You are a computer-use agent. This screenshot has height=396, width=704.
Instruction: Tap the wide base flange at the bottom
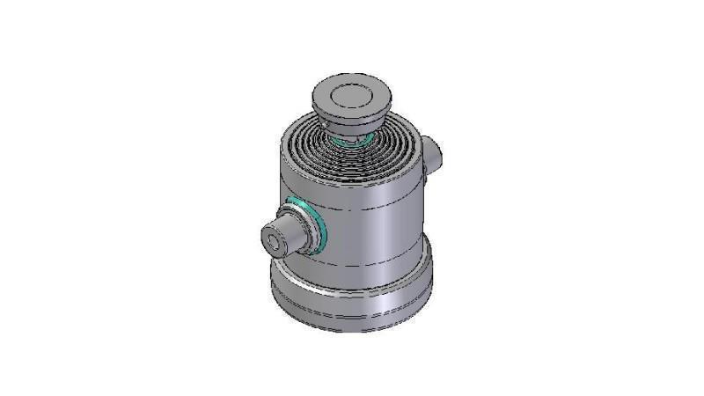click(352, 299)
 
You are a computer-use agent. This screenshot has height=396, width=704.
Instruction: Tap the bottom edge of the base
click(352, 330)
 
